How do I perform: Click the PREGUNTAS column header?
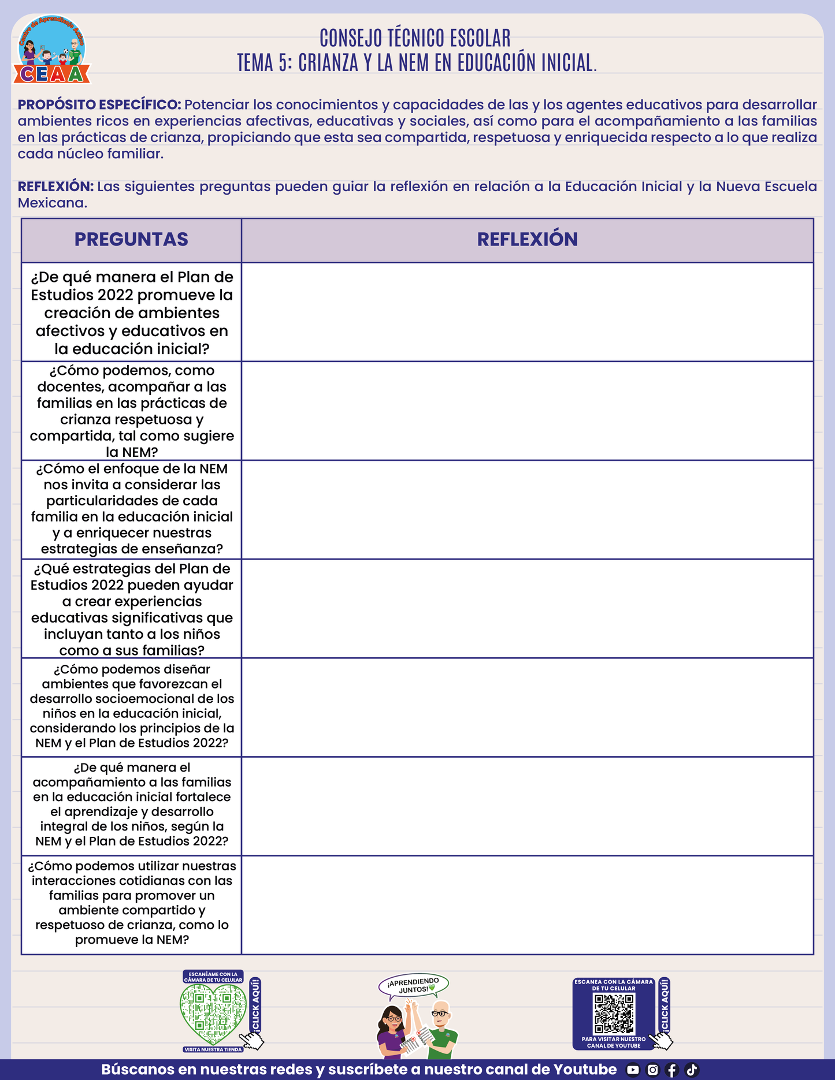[131, 240]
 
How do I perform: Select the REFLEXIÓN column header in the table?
[527, 240]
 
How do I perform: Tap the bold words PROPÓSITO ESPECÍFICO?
[99, 105]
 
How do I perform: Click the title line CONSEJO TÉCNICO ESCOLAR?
[415, 38]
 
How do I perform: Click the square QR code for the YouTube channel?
[614, 1014]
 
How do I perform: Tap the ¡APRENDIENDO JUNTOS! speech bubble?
[414, 985]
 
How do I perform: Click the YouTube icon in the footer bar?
[633, 1070]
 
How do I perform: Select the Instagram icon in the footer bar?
[652, 1070]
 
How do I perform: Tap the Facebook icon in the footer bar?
[672, 1070]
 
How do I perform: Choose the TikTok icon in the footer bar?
[692, 1070]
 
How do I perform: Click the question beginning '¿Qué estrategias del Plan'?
[132, 609]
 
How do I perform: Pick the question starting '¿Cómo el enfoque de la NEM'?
[132, 509]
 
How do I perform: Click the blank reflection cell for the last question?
[527, 905]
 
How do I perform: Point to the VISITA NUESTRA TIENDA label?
[213, 1049]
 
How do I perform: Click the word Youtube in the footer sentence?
[585, 1070]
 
